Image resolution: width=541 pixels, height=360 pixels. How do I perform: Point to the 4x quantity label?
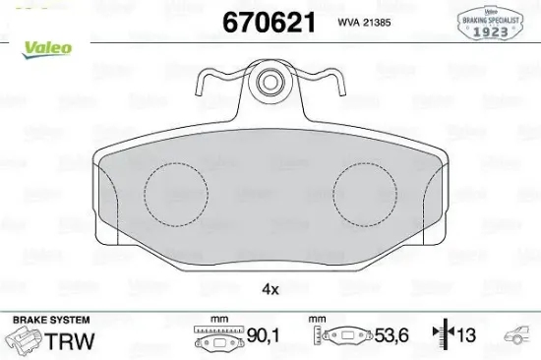coord(270,289)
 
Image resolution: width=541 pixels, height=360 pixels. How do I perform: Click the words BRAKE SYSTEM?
coord(49,321)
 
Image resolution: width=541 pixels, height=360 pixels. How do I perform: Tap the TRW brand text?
coord(78,340)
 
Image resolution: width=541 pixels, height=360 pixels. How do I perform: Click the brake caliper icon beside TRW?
coord(26,341)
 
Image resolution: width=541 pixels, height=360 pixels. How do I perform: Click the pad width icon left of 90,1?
coord(218,340)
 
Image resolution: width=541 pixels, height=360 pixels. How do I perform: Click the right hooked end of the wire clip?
coord(338,87)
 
